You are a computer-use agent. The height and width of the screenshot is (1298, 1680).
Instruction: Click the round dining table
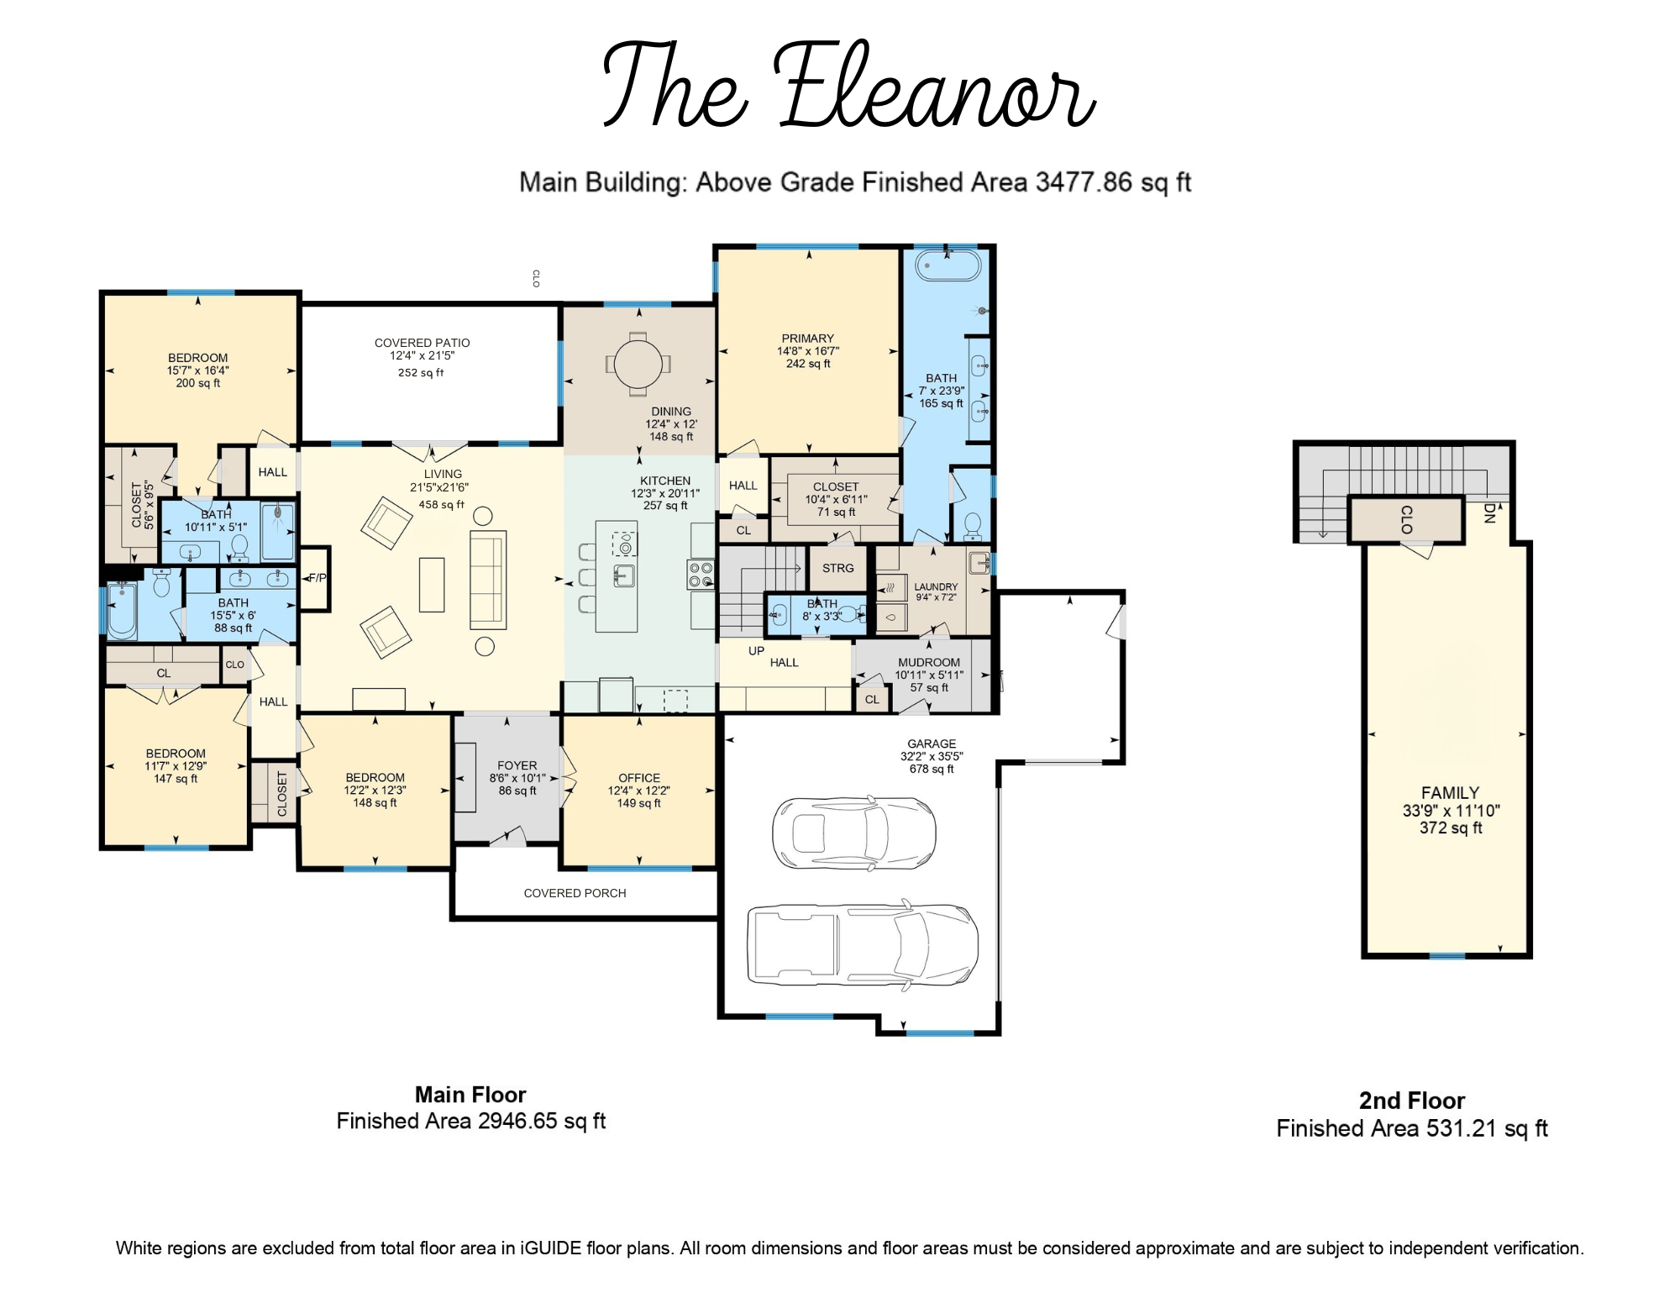tap(638, 365)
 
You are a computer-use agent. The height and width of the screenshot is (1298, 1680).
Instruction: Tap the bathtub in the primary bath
tap(948, 265)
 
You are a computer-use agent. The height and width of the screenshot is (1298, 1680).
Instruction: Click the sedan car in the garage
tap(854, 833)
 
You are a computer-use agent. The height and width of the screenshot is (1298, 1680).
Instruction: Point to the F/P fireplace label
tap(318, 578)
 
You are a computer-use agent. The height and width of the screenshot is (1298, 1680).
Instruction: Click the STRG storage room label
tap(837, 568)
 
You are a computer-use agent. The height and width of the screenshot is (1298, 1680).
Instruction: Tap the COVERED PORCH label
tap(575, 893)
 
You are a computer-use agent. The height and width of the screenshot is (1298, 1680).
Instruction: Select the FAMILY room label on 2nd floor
tap(1450, 792)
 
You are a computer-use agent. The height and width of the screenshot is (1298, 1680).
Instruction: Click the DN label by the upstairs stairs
tap(1489, 513)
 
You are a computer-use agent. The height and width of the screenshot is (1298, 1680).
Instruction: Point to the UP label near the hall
tap(756, 650)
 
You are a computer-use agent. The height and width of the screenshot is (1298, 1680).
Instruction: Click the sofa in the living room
tap(488, 580)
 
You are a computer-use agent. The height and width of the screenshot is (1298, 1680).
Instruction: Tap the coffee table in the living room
tap(432, 585)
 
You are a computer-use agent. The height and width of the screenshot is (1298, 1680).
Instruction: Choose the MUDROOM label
tap(928, 662)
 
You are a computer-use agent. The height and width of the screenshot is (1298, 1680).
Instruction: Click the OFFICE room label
tap(639, 778)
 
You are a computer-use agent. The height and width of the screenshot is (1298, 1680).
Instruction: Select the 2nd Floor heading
tap(1412, 1101)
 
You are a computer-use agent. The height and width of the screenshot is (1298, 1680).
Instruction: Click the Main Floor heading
tap(470, 1095)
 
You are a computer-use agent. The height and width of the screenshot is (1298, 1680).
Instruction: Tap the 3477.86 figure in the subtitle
tap(1084, 182)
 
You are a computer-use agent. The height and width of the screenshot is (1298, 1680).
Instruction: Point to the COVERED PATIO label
tap(422, 343)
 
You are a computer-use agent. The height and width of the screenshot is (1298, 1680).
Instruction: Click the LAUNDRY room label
tap(936, 587)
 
